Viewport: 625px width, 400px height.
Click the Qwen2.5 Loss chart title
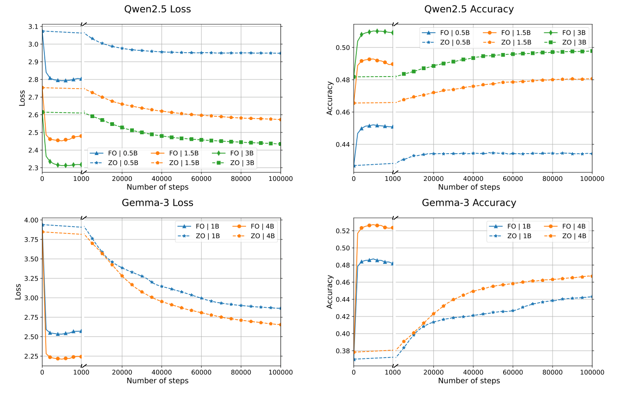click(157, 9)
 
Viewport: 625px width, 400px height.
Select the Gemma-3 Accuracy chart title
click(469, 203)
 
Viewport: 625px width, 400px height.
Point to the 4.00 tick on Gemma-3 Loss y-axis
click(30, 220)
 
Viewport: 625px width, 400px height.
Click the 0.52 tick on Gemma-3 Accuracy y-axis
click(342, 231)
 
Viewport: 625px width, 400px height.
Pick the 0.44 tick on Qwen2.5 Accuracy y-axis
click(342, 144)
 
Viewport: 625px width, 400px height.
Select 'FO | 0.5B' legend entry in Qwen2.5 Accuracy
click(448, 33)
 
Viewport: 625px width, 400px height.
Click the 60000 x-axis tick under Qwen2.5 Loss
click(201, 179)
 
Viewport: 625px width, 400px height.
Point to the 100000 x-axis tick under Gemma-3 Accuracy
click(592, 372)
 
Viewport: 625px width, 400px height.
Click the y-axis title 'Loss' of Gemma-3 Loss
click(18, 292)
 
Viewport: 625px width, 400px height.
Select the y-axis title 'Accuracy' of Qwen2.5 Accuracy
click(330, 98)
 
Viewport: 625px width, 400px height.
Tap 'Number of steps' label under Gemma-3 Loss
click(157, 381)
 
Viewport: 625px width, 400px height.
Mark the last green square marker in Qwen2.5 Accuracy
click(592, 51)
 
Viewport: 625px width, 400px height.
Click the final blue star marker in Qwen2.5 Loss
click(281, 53)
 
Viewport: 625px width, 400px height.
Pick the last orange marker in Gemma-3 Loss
click(281, 325)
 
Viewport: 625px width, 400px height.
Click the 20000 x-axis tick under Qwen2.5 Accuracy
click(433, 179)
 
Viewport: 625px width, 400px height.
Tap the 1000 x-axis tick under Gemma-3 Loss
click(81, 372)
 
